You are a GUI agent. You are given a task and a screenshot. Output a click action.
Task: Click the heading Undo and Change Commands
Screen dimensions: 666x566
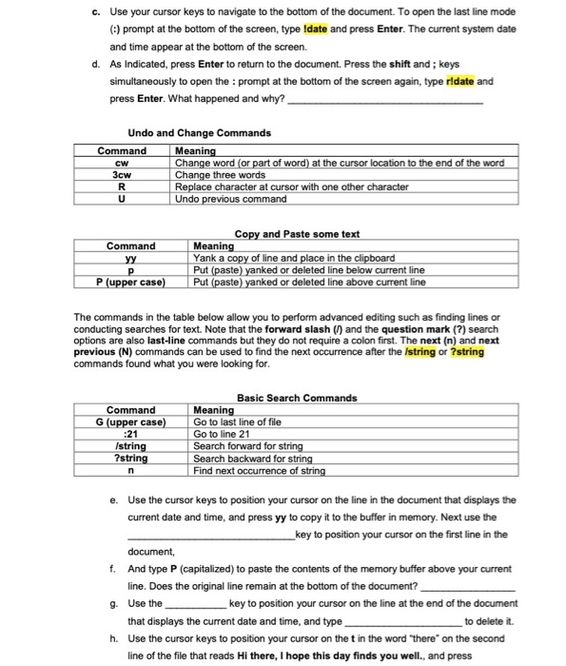199,132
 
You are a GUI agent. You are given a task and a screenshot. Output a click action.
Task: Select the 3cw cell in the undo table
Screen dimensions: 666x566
121,175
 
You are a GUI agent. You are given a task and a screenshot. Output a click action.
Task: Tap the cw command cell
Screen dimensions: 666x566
121,164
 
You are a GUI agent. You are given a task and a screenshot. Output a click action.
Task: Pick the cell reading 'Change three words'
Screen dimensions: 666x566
221,175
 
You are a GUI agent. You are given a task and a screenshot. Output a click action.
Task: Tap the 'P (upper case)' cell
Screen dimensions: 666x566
130,282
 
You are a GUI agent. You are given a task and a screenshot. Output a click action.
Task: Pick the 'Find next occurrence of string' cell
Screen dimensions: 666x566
259,470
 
